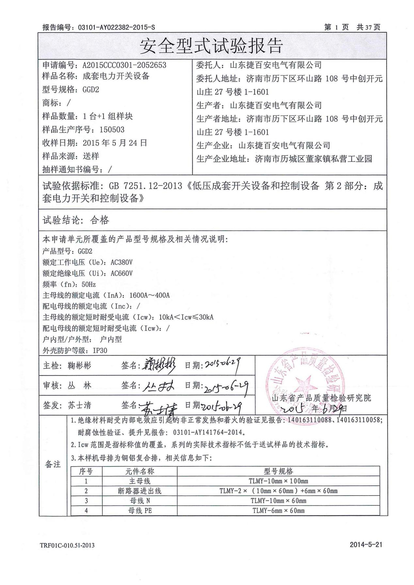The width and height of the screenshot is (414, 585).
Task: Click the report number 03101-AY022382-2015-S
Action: [117, 27]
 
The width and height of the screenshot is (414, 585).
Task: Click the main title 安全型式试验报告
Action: [211, 46]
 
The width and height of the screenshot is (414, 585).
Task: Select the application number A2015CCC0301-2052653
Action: [124, 65]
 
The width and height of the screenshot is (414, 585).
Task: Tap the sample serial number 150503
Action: [112, 130]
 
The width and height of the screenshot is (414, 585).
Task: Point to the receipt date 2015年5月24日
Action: [115, 143]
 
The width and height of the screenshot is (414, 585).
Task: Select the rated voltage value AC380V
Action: [121, 262]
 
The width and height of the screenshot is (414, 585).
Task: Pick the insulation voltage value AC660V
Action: [121, 273]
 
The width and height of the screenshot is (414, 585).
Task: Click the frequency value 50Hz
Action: [88, 285]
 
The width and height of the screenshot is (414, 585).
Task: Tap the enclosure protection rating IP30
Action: [100, 351]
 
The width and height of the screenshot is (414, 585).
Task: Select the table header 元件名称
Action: [140, 471]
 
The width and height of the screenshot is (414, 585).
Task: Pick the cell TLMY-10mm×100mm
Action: [278, 481]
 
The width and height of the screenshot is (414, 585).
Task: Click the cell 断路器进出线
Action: [140, 491]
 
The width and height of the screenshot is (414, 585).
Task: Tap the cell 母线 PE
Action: [140, 511]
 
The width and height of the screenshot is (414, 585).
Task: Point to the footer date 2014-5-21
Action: [366, 545]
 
